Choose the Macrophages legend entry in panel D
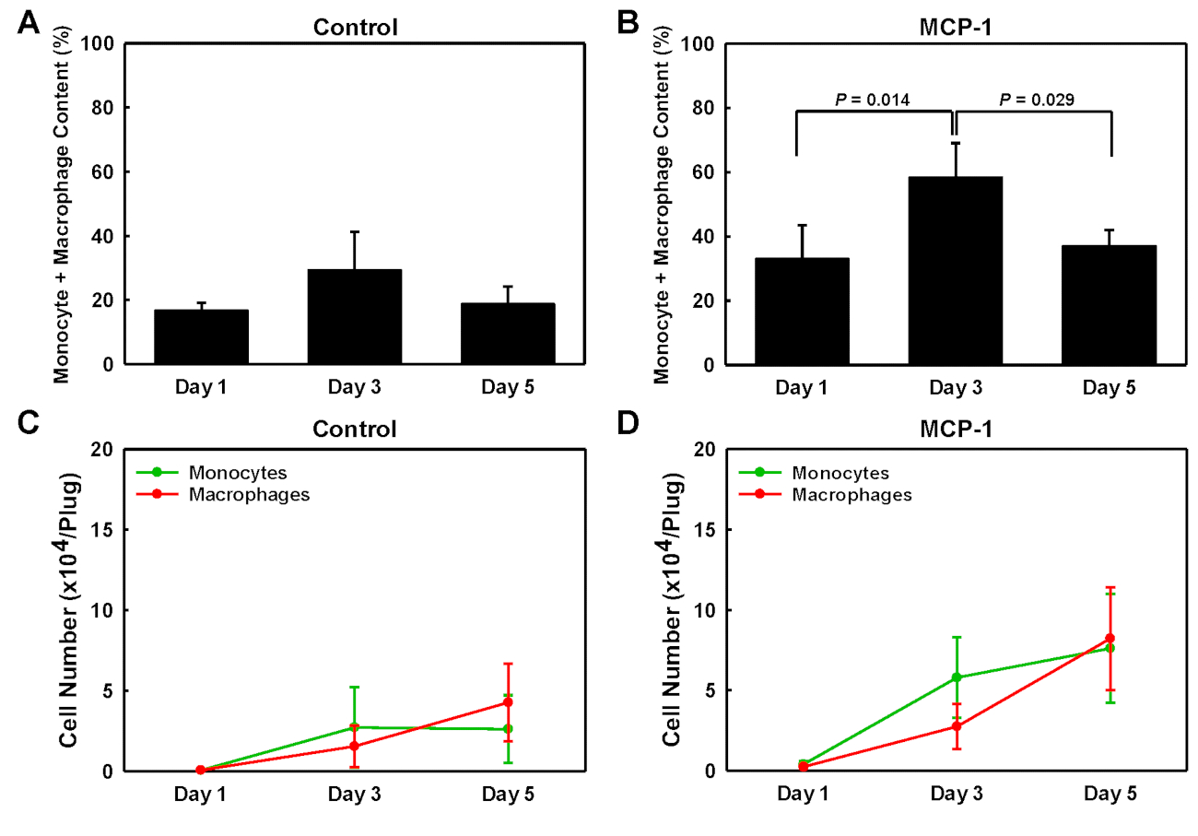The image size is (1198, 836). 850,494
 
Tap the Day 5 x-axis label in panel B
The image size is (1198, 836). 1110,388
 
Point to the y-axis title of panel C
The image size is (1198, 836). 70,610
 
